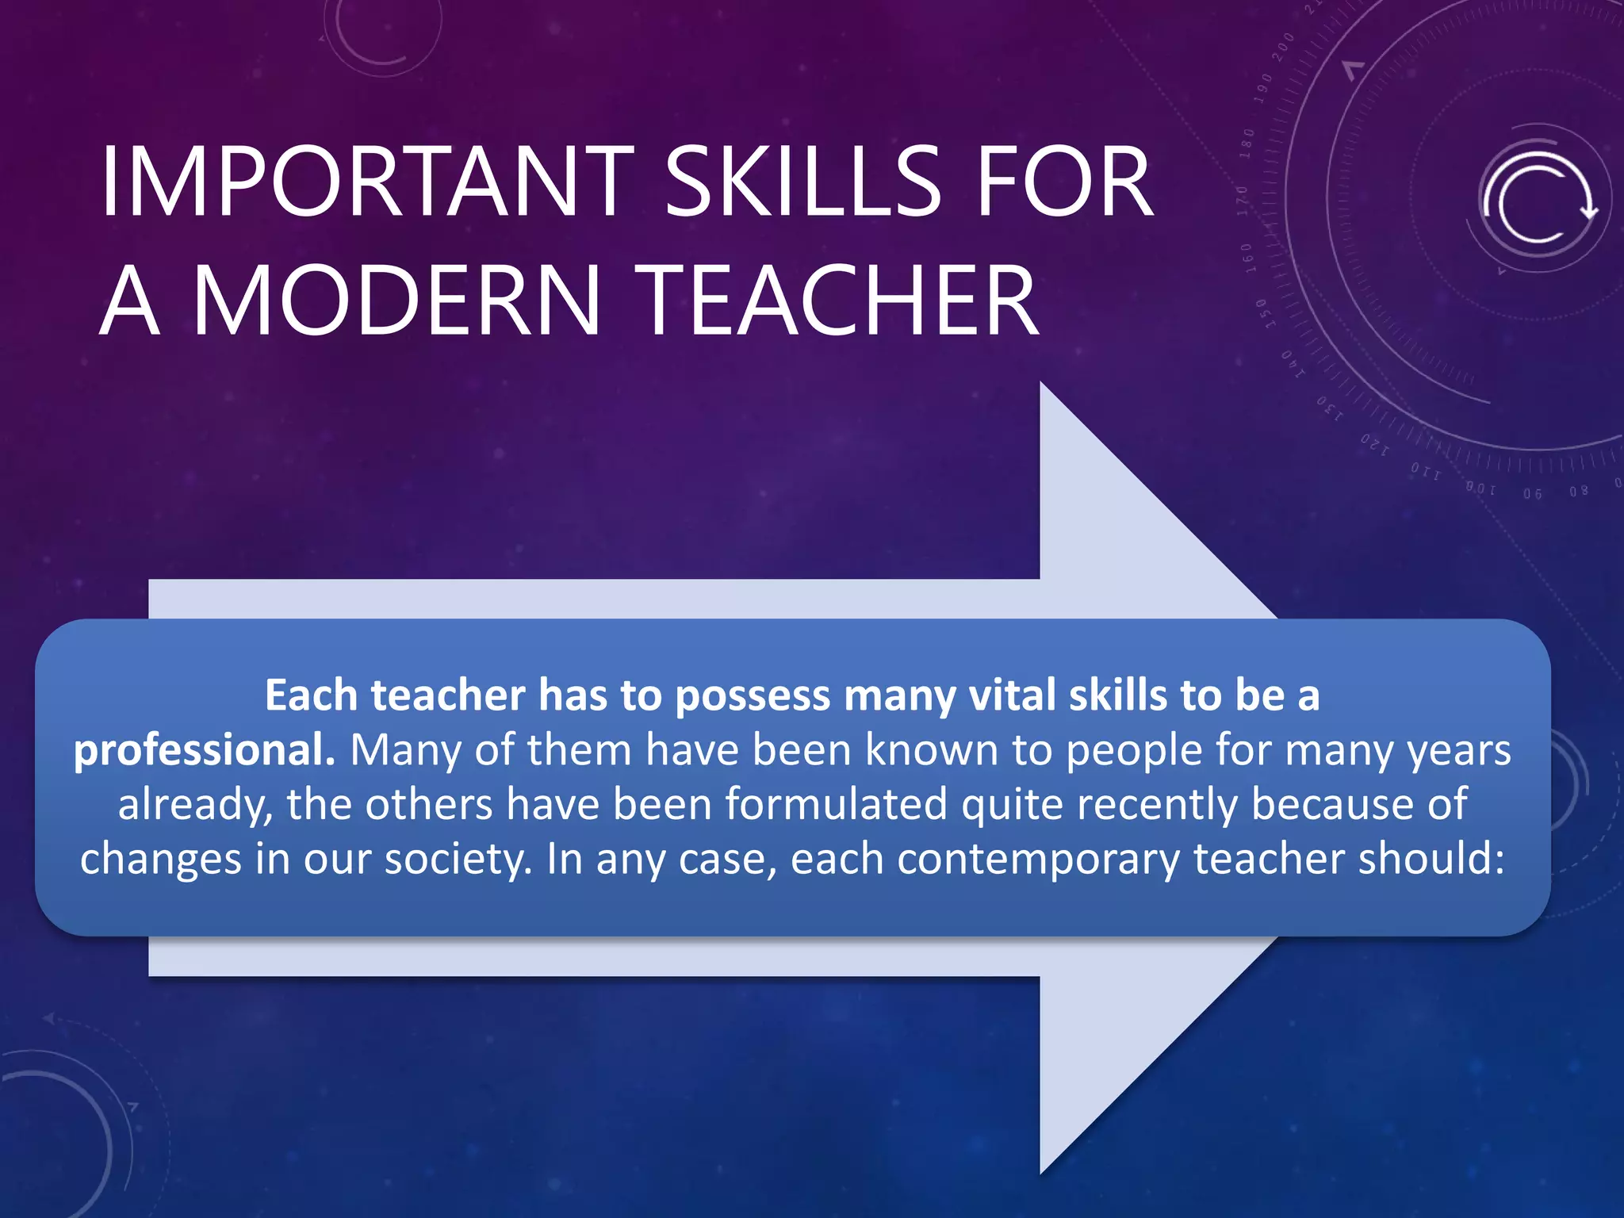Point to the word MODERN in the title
point(396,301)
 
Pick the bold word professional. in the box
point(205,749)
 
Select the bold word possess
point(752,695)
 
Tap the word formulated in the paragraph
point(836,803)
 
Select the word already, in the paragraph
point(195,803)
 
